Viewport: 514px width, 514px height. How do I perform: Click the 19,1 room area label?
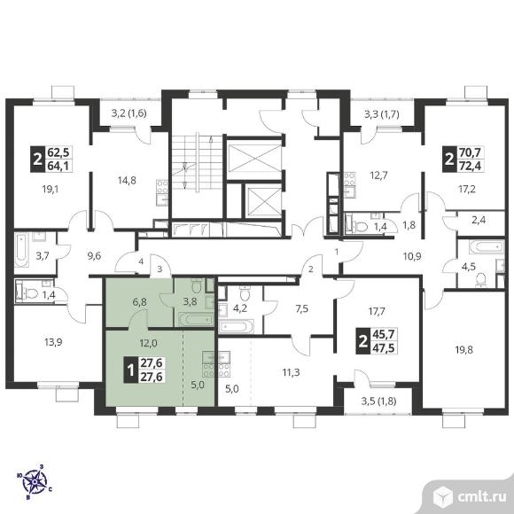point(50,189)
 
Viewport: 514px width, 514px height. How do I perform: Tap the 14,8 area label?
point(127,180)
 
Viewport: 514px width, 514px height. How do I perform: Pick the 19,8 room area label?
point(463,350)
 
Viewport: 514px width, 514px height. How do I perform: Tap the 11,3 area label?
point(291,372)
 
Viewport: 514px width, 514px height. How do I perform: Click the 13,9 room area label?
point(53,342)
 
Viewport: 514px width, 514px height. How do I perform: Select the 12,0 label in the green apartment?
point(149,343)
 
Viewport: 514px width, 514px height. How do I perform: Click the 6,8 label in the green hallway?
point(140,302)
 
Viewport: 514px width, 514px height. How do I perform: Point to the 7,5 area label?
point(302,308)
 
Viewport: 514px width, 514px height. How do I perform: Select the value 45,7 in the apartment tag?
point(385,334)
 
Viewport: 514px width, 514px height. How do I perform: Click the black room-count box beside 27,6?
point(130,370)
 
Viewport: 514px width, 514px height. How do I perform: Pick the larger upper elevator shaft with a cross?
point(254,160)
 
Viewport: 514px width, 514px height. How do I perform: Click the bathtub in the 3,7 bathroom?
point(21,249)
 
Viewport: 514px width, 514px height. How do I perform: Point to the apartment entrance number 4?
point(141,261)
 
